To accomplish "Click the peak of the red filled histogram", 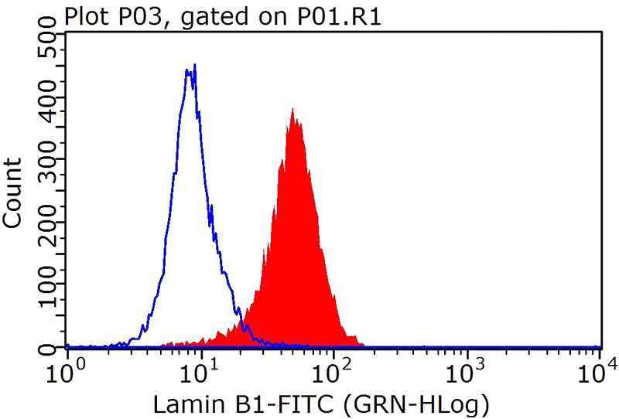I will pos(292,110).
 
